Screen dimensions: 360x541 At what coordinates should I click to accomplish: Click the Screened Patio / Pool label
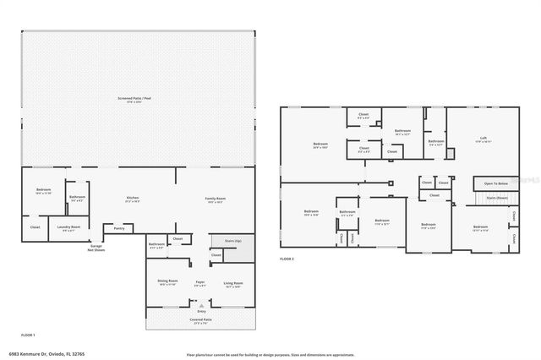pyautogui.click(x=135, y=100)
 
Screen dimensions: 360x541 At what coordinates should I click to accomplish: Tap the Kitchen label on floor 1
pyautogui.click(x=133, y=199)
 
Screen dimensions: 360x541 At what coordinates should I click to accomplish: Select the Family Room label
pyautogui.click(x=216, y=199)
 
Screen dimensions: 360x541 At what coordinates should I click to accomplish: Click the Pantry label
pyautogui.click(x=119, y=228)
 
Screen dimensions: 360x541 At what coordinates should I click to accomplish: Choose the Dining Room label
pyautogui.click(x=167, y=282)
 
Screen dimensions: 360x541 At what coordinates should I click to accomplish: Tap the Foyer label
pyautogui.click(x=200, y=282)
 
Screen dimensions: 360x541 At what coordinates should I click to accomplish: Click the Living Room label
pyautogui.click(x=232, y=282)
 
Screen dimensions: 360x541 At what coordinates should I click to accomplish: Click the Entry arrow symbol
pyautogui.click(x=201, y=305)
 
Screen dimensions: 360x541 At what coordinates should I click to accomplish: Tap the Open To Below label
pyautogui.click(x=496, y=183)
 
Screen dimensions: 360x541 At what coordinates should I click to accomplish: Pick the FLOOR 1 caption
pyautogui.click(x=27, y=335)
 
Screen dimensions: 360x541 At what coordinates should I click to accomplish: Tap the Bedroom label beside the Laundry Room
pyautogui.click(x=43, y=189)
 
